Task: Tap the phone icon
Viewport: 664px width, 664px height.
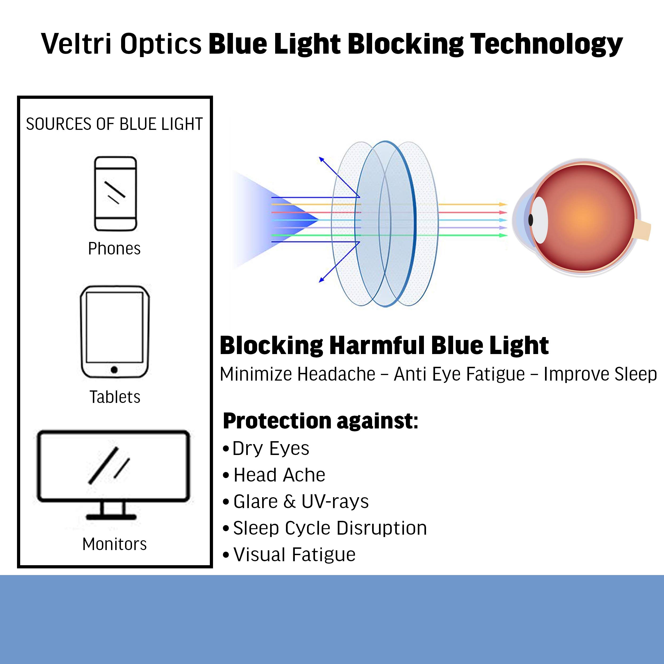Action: [x=116, y=194]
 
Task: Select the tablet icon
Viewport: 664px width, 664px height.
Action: [x=115, y=332]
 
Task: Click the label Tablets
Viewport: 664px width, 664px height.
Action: [x=115, y=397]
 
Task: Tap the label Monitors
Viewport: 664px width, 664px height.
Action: [x=114, y=544]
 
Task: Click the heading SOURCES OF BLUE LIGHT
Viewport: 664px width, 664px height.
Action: [x=114, y=124]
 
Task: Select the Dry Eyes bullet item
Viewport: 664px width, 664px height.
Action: [x=266, y=449]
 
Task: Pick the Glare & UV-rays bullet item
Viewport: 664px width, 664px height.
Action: [x=296, y=502]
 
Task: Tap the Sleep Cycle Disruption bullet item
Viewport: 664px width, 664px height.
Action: [x=325, y=528]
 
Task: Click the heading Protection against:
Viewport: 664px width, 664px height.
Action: [x=320, y=421]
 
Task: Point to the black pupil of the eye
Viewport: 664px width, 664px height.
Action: [x=531, y=220]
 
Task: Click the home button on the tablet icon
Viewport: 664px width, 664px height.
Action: [x=114, y=370]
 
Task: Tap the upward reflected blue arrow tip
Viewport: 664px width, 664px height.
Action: [x=321, y=159]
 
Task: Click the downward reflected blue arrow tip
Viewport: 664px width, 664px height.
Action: [x=321, y=280]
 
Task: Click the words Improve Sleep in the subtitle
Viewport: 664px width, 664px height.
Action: [x=600, y=374]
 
